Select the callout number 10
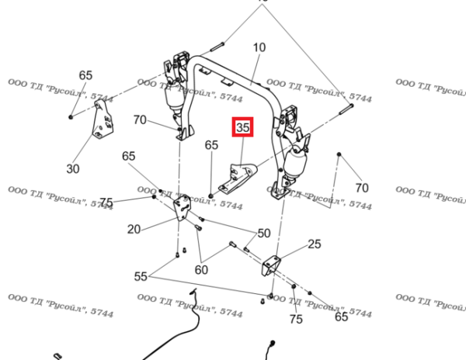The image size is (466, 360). click(259, 48)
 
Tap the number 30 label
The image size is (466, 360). click(73, 168)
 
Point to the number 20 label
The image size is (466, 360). click(134, 229)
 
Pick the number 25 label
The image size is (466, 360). click(314, 244)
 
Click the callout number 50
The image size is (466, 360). click(264, 233)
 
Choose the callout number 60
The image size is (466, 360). click(202, 270)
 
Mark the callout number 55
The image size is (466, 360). click(141, 276)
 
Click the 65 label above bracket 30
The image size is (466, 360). click(85, 75)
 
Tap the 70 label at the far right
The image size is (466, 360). click(361, 188)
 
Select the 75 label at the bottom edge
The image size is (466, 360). click(295, 319)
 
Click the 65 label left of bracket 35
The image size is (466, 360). click(211, 145)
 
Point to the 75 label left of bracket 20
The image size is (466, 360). click(106, 202)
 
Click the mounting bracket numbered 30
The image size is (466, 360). click(100, 125)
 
